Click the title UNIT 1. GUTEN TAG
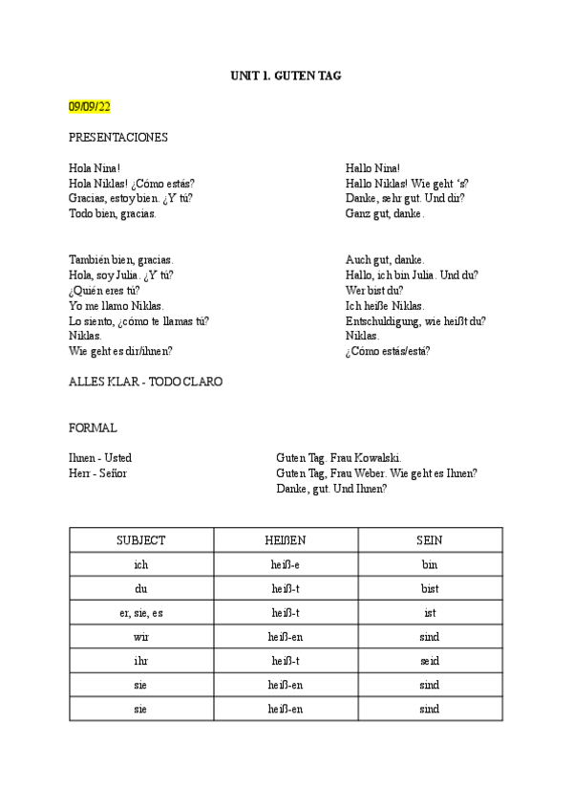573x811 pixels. [x=286, y=75]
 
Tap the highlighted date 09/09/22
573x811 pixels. [x=90, y=105]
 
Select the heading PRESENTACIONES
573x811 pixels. [x=118, y=137]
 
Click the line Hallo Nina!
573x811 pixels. [x=372, y=168]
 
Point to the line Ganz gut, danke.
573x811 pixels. [x=385, y=213]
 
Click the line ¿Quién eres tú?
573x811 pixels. [x=104, y=290]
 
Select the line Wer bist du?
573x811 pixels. [x=374, y=290]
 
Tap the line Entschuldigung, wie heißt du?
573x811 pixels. [x=415, y=320]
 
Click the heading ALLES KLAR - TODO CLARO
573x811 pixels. [x=146, y=381]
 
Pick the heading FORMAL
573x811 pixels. [x=94, y=427]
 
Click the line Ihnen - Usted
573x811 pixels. [x=100, y=458]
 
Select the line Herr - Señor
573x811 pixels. [x=98, y=472]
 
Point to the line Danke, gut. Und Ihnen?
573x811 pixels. [x=331, y=488]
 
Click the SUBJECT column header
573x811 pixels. [x=141, y=540]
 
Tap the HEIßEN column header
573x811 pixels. [x=286, y=540]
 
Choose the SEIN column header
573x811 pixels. [x=430, y=540]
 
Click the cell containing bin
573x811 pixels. [x=430, y=564]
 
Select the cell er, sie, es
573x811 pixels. [x=141, y=612]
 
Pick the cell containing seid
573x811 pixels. [x=430, y=661]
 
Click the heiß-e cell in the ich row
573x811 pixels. [x=286, y=564]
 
